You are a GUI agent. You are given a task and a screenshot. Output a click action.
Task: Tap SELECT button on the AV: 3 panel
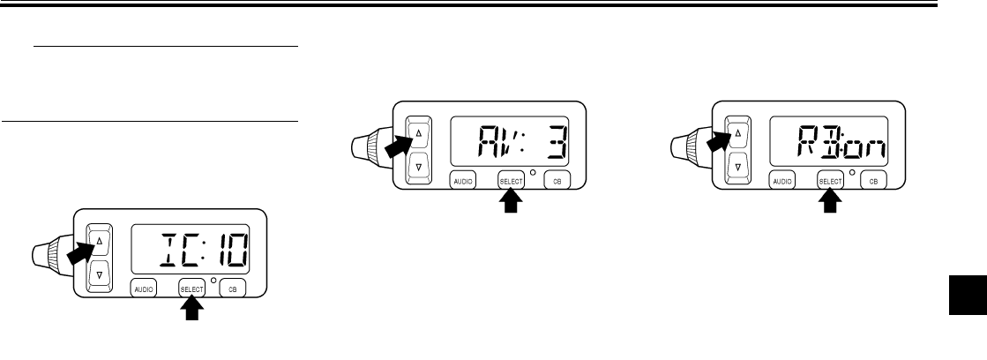pos(511,179)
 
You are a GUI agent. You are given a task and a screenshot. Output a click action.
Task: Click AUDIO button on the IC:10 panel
pos(145,288)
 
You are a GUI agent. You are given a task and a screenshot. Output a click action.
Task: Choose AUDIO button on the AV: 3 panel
pos(464,179)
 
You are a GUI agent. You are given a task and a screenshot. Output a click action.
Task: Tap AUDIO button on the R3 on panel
pos(783,180)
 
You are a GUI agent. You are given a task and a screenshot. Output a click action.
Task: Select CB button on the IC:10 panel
pos(234,288)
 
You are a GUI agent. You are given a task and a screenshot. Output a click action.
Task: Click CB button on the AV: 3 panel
pos(557,179)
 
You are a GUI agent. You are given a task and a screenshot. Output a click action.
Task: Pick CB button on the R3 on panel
pos(873,180)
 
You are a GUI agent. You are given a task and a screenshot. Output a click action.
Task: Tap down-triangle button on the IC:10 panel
pos(99,275)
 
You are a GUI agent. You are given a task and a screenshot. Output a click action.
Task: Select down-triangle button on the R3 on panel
pos(737,165)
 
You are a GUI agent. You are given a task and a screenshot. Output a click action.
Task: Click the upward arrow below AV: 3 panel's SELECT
pos(511,203)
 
